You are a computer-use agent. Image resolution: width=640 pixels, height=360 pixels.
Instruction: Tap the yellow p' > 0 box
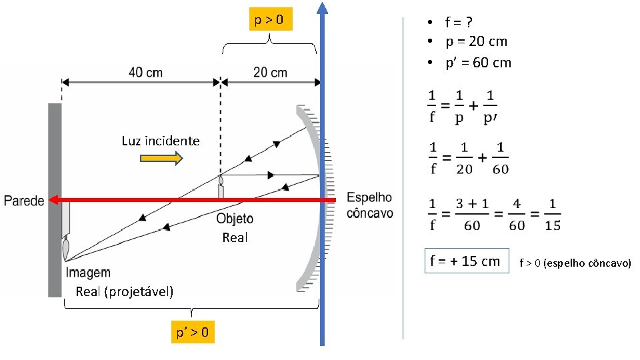[192, 331]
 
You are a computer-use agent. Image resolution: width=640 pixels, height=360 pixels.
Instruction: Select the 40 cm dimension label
[145, 72]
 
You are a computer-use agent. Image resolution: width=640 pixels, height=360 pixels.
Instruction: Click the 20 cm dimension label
[271, 72]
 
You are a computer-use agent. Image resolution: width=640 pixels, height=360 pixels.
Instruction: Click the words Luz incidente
[161, 141]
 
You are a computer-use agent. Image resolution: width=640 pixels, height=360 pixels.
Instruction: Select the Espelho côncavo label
[370, 206]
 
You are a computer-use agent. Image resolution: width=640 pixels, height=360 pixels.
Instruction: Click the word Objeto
[235, 219]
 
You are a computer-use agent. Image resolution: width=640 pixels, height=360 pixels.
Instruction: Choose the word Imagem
[88, 273]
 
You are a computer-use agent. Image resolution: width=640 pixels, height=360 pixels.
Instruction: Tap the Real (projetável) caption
[125, 291]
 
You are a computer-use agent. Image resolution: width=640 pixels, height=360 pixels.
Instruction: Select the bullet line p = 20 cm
[476, 41]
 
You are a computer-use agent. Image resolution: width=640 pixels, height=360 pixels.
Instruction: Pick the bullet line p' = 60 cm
[478, 63]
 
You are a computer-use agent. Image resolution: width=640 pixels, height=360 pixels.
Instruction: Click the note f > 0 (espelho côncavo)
[575, 263]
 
